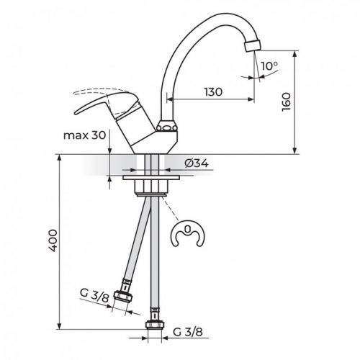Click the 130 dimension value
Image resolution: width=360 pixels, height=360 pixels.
click(x=213, y=92)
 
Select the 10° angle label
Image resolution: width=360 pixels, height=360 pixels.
click(x=269, y=66)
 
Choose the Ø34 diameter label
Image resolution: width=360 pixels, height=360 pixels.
click(x=196, y=163)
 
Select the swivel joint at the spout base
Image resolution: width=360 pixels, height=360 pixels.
click(x=167, y=128)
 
